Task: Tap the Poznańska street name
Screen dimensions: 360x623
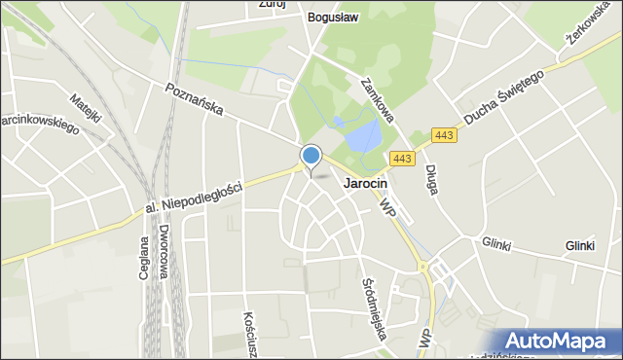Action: tap(195, 98)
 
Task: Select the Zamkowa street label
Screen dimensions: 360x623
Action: tap(377, 101)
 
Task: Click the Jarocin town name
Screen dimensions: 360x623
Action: tap(366, 183)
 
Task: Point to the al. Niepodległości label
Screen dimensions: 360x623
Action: tap(193, 198)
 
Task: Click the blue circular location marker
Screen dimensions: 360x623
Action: tap(311, 155)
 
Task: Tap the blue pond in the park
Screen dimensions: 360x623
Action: tap(362, 136)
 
